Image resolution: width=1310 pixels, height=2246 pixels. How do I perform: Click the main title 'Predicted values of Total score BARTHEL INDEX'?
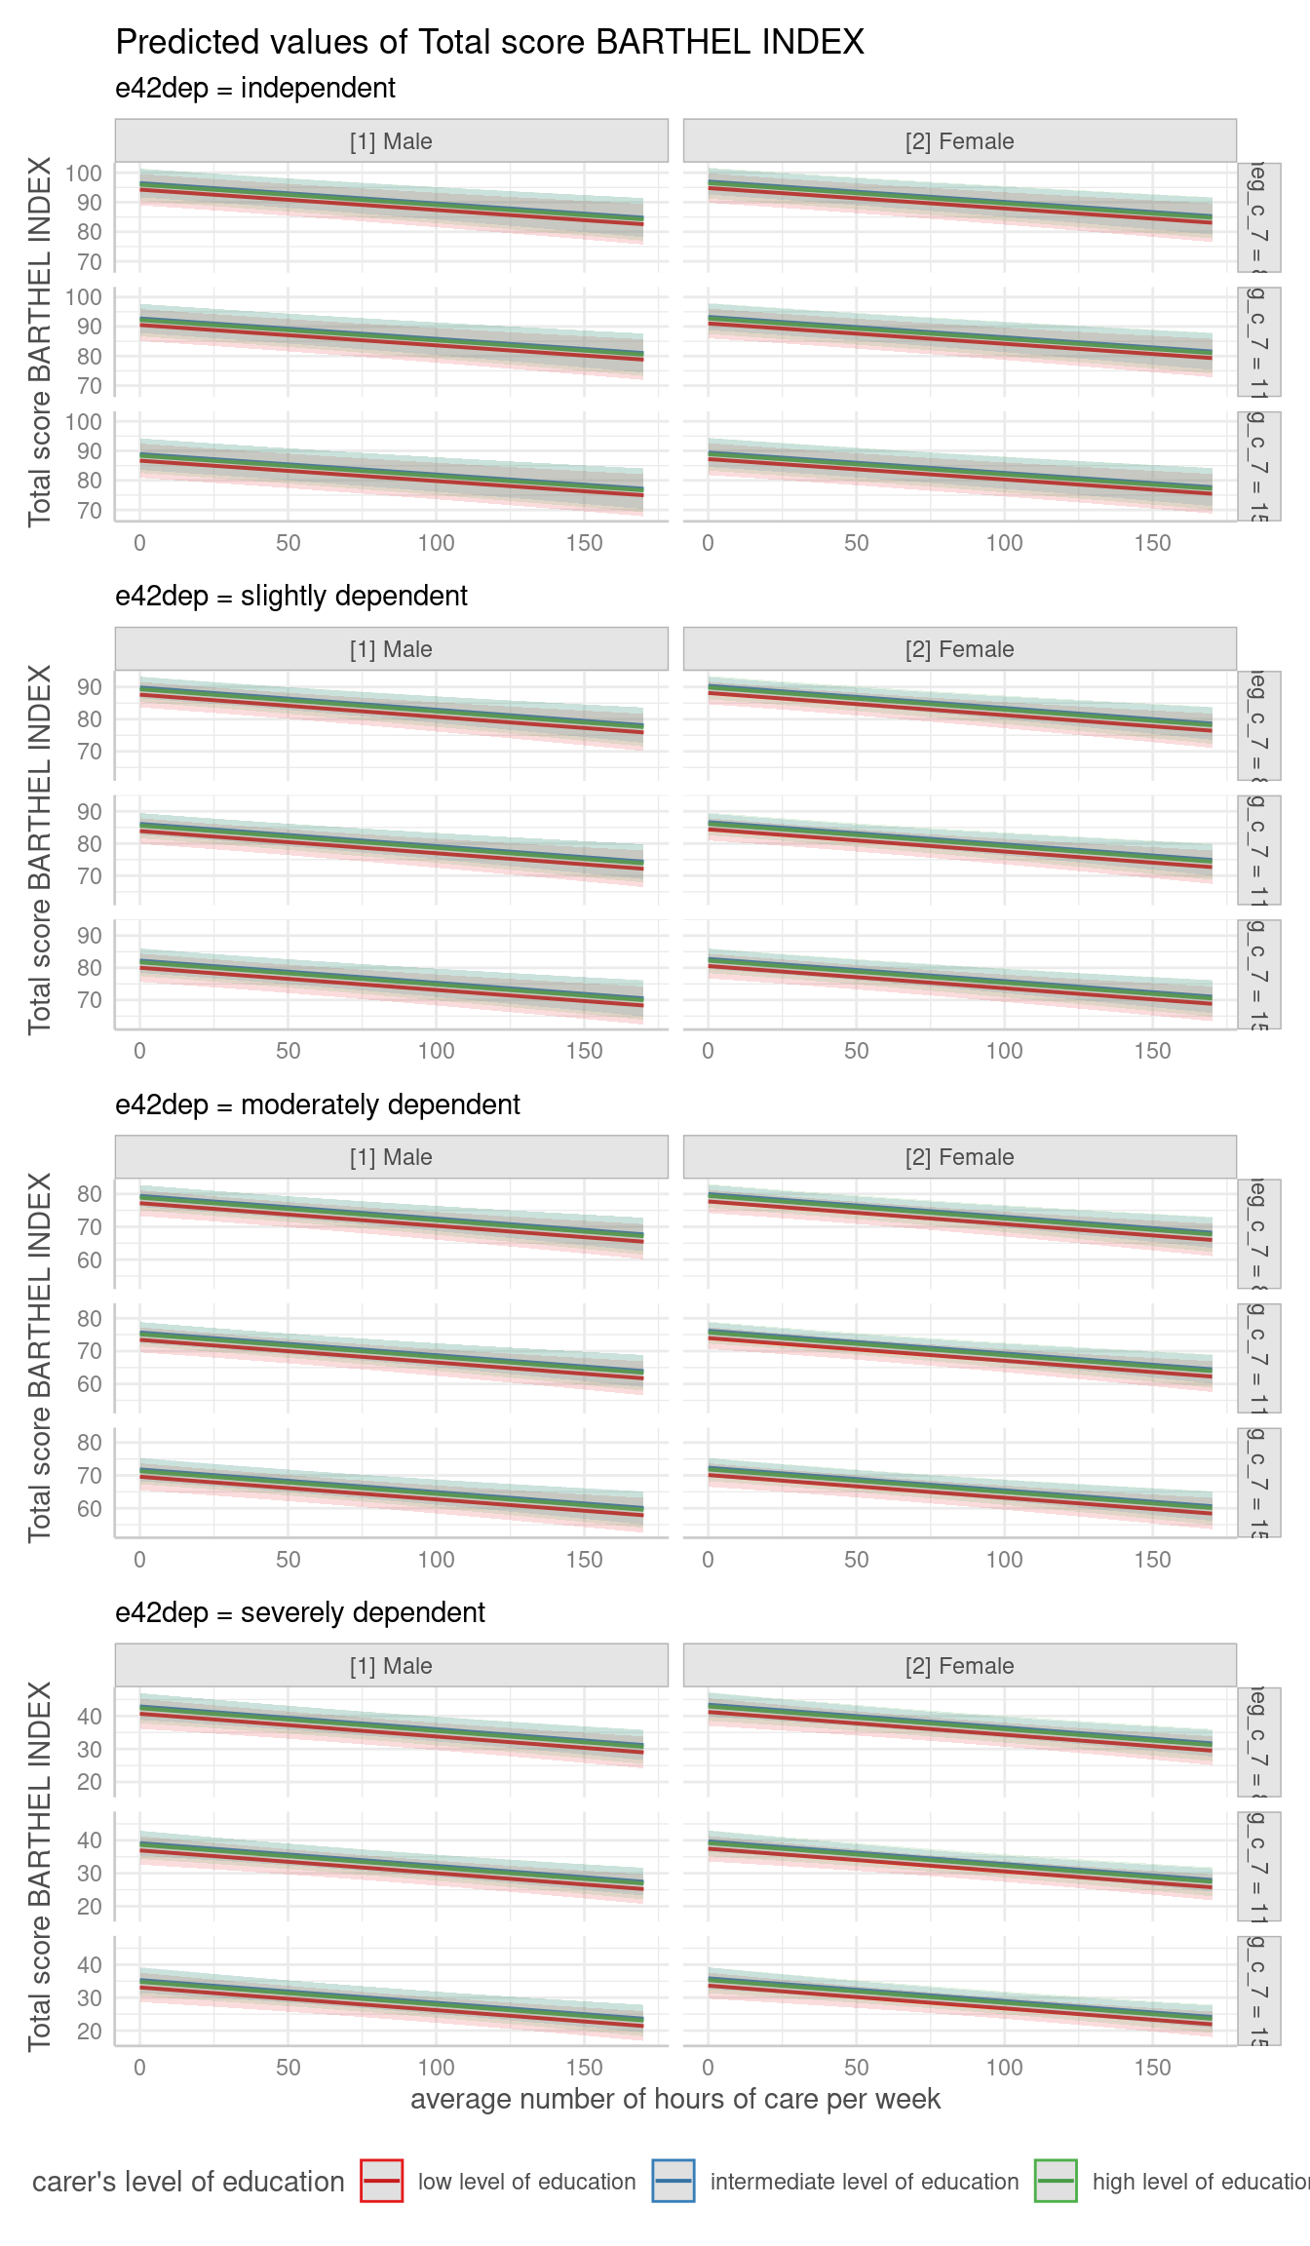489,42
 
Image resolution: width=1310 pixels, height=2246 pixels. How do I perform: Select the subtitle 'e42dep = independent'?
255,89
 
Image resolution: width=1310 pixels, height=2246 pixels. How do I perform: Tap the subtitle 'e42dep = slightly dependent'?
291,597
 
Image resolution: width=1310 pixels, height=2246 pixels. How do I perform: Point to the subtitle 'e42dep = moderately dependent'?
318,1105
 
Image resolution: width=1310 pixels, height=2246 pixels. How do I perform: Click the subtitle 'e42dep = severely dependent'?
300,1613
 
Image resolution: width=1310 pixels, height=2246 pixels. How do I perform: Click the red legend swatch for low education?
381,2181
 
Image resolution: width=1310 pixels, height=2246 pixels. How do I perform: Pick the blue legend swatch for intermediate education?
674,2181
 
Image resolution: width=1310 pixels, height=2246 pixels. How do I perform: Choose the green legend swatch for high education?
1056,2181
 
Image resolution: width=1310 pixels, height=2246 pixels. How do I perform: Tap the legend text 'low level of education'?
526,2182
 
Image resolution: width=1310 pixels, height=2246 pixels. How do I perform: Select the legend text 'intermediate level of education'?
864,2182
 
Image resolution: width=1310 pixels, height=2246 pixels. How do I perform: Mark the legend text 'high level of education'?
1200,2182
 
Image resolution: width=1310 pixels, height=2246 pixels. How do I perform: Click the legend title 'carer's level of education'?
188,2182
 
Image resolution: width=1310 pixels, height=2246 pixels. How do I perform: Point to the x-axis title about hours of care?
675,2099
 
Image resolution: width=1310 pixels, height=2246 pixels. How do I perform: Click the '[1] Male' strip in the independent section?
391,141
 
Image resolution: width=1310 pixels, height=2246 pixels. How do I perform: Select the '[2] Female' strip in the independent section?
959,141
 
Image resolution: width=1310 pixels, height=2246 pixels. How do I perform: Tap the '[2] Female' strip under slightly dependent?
959,649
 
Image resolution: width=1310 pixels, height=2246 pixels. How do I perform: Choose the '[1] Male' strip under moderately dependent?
391,1157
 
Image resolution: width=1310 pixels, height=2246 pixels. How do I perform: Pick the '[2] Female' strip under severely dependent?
959,1666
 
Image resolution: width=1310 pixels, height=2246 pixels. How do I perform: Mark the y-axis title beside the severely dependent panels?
40,1866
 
